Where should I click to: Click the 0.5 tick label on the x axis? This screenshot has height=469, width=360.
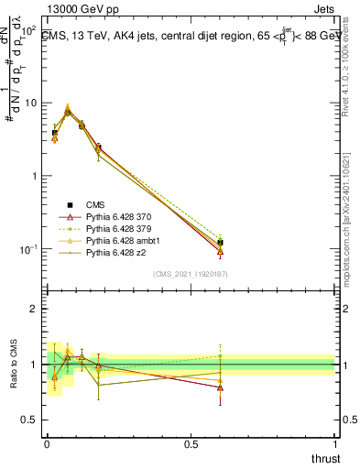point(191,443)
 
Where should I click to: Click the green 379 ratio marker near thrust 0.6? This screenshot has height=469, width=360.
point(220,355)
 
